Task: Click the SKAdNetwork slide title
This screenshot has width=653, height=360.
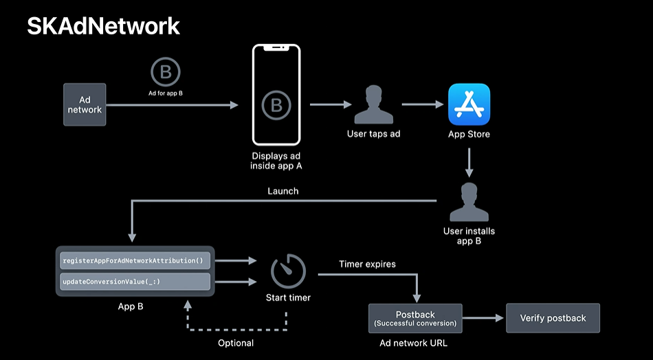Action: [x=104, y=25]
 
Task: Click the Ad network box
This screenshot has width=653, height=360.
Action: [x=85, y=104]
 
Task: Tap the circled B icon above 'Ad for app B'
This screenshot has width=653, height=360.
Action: [x=165, y=72]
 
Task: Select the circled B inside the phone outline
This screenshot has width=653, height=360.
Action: [x=276, y=105]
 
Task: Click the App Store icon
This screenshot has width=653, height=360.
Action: [x=469, y=104]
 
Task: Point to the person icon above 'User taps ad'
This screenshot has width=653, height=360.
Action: [x=373, y=104]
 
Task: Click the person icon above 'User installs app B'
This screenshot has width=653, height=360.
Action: [x=469, y=202]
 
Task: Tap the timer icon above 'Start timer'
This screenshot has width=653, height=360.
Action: [x=288, y=271]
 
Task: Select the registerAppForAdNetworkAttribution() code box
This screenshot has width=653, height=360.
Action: [x=135, y=261]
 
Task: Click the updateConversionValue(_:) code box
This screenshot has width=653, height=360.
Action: [x=135, y=282]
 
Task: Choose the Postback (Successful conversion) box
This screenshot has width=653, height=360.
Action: [x=415, y=318]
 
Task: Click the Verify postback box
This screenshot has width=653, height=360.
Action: [x=553, y=318]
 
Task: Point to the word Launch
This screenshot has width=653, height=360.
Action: [x=283, y=191]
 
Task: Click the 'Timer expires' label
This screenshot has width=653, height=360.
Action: [x=367, y=264]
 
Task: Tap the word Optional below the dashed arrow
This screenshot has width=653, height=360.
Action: [x=236, y=343]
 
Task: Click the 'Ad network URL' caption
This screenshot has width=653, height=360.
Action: [x=414, y=343]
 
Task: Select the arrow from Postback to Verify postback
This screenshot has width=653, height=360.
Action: [x=484, y=318]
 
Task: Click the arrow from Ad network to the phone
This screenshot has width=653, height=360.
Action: [x=172, y=105]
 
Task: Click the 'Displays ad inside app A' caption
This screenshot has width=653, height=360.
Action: [x=277, y=161]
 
